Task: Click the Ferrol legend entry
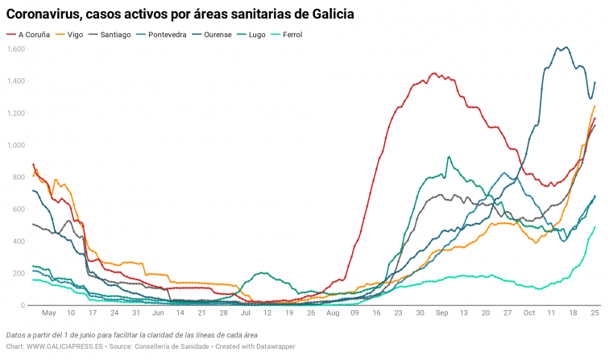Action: tap(309, 35)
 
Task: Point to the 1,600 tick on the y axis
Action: tap(16, 49)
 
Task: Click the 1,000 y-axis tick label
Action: tap(16, 145)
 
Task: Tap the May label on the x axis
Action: tap(49, 312)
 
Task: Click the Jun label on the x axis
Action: tap(158, 312)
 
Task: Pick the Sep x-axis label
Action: tap(441, 312)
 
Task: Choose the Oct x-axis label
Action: tap(528, 312)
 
